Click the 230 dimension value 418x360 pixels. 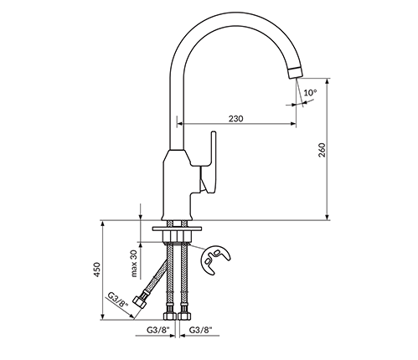[236, 119]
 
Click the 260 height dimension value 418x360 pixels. [322, 150]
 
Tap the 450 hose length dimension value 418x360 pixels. [96, 270]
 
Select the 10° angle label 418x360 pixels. [310, 92]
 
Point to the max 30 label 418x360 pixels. [134, 264]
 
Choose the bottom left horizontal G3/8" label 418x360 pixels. [158, 330]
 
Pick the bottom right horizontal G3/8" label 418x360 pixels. [201, 330]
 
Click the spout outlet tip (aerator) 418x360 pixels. [295, 73]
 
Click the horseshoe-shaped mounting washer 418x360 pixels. [215, 260]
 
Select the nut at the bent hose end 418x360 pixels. [139, 302]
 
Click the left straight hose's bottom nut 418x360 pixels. [170, 316]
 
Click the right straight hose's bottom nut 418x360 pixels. [184, 316]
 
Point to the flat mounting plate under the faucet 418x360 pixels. [177, 229]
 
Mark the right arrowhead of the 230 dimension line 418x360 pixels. [293, 123]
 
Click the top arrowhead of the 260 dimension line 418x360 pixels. [328, 81]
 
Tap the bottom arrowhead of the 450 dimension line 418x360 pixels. [103, 316]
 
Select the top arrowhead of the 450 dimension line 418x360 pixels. [103, 224]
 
